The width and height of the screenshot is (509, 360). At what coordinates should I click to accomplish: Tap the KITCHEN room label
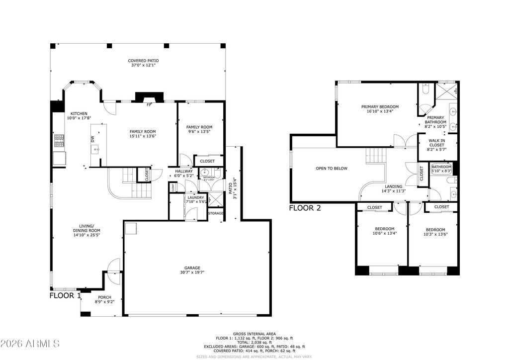pyautogui.click(x=80, y=113)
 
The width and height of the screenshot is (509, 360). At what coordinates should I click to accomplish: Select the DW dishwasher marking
pyautogui.click(x=92, y=139)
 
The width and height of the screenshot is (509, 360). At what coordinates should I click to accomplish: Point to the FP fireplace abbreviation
pyautogui.click(x=148, y=105)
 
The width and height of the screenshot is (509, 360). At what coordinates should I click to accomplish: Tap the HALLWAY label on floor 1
pyautogui.click(x=183, y=171)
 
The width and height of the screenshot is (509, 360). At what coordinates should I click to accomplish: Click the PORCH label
pyautogui.click(x=104, y=297)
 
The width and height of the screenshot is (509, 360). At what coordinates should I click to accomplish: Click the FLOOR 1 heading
pyautogui.click(x=65, y=295)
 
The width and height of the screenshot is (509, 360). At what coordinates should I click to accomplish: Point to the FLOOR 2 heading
pyautogui.click(x=305, y=208)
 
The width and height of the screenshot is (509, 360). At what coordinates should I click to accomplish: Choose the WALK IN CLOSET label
pyautogui.click(x=437, y=141)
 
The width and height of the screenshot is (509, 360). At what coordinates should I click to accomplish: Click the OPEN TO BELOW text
pyautogui.click(x=332, y=168)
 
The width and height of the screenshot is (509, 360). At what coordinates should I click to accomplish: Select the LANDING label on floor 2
pyautogui.click(x=393, y=186)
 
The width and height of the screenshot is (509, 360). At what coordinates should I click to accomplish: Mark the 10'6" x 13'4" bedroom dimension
pyautogui.click(x=385, y=233)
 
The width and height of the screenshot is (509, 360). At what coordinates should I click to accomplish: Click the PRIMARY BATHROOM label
pyautogui.click(x=435, y=118)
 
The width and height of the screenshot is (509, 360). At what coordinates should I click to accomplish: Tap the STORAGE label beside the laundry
pyautogui.click(x=216, y=213)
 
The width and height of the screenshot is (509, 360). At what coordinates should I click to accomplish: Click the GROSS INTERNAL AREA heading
pyautogui.click(x=254, y=334)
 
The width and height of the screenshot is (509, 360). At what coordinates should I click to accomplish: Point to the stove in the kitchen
pyautogui.click(x=59, y=141)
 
